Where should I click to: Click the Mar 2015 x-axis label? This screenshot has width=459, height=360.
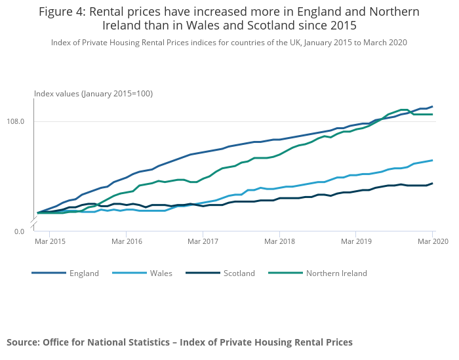point(50,242)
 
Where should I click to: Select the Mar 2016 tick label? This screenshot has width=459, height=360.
point(127,242)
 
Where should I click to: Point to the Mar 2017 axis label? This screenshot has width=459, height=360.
point(203,242)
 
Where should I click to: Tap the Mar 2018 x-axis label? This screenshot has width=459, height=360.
point(279,242)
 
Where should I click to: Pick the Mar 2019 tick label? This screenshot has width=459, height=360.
point(355,242)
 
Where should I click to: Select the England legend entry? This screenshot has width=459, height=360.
point(84,273)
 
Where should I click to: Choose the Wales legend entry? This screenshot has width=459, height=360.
point(161,273)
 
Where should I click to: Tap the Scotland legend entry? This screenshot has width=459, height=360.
point(239,273)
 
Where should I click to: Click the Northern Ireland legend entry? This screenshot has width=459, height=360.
point(336,273)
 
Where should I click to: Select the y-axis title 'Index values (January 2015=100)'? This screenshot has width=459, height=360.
point(94,94)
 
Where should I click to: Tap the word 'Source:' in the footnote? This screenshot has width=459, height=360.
point(23,342)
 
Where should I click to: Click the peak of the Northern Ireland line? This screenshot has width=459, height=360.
point(404,110)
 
